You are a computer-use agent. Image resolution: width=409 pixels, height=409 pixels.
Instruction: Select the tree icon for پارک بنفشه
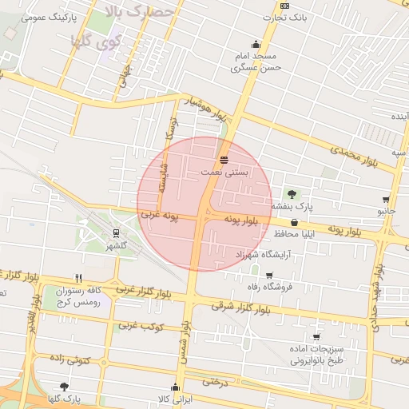point(291,193)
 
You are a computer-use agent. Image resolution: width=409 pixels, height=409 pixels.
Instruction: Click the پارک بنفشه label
point(291,206)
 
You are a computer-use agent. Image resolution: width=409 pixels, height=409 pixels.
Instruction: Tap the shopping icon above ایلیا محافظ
point(295,222)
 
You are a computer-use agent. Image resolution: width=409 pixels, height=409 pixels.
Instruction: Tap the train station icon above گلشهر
point(117,234)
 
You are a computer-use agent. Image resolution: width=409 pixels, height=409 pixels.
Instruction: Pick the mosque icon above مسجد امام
point(256,45)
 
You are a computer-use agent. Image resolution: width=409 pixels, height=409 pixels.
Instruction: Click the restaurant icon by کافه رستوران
point(78,278)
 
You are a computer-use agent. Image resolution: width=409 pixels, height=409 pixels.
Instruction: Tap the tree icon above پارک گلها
point(64,386)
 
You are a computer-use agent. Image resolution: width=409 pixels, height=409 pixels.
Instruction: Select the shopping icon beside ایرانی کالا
point(176,387)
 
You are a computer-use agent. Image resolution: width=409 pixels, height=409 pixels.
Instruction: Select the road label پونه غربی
point(159,215)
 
